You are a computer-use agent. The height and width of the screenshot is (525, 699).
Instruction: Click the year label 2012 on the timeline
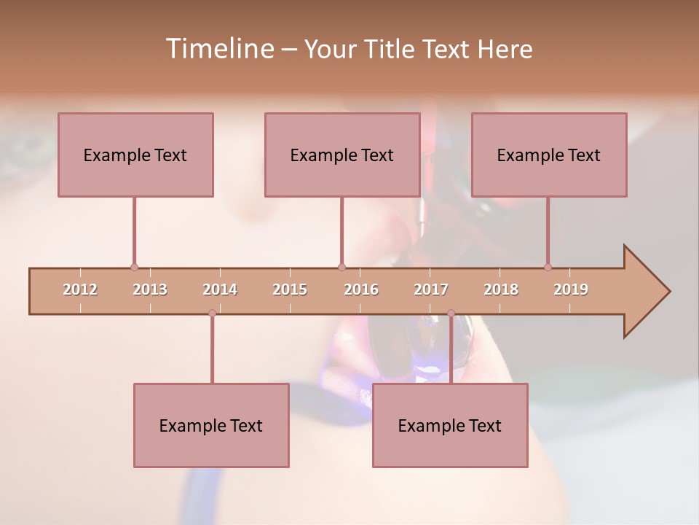(x=80, y=289)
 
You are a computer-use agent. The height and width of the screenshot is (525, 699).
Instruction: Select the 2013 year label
(x=150, y=289)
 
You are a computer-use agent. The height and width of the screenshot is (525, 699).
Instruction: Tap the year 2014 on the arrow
(x=220, y=289)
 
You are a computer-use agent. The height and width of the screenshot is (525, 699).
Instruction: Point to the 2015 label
(x=290, y=289)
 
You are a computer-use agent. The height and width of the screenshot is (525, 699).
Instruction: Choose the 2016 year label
(x=361, y=289)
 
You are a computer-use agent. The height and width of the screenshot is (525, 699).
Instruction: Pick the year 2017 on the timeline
(x=431, y=289)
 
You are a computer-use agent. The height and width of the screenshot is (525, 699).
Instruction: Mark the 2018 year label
(x=501, y=289)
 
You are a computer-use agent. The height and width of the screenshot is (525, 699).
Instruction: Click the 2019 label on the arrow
(x=571, y=289)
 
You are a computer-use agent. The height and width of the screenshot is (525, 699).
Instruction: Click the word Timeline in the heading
(x=219, y=49)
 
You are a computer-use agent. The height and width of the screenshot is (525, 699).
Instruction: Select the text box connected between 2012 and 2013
(x=135, y=155)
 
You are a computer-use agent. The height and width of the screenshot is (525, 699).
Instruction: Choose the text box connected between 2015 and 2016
(x=342, y=155)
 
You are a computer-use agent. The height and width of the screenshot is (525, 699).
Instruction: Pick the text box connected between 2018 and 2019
(x=549, y=155)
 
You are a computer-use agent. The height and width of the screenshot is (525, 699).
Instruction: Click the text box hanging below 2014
(x=211, y=425)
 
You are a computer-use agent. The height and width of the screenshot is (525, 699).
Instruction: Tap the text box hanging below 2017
(x=450, y=425)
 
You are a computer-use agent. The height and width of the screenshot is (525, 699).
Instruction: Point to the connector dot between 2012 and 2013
(x=134, y=268)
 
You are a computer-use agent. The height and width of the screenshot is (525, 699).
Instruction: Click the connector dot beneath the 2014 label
(x=212, y=313)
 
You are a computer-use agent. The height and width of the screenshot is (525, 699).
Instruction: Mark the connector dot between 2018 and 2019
(x=548, y=267)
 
